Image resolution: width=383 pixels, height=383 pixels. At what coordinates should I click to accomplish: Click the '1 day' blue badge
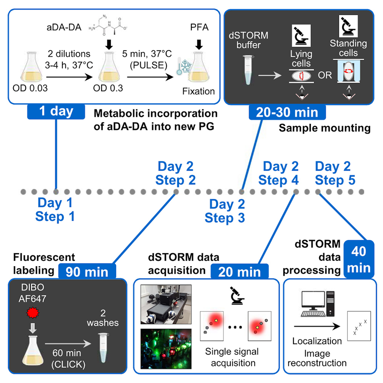coord(56,112)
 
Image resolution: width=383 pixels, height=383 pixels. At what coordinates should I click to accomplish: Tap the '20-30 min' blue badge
coord(287,113)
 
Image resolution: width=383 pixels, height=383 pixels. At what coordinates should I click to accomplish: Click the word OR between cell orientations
coord(325,75)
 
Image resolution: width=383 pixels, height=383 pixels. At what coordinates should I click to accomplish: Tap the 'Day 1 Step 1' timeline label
coord(55,209)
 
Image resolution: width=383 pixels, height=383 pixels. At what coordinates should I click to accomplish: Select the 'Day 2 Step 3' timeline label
coord(225,211)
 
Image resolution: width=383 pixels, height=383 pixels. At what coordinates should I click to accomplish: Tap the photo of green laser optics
coord(166,350)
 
